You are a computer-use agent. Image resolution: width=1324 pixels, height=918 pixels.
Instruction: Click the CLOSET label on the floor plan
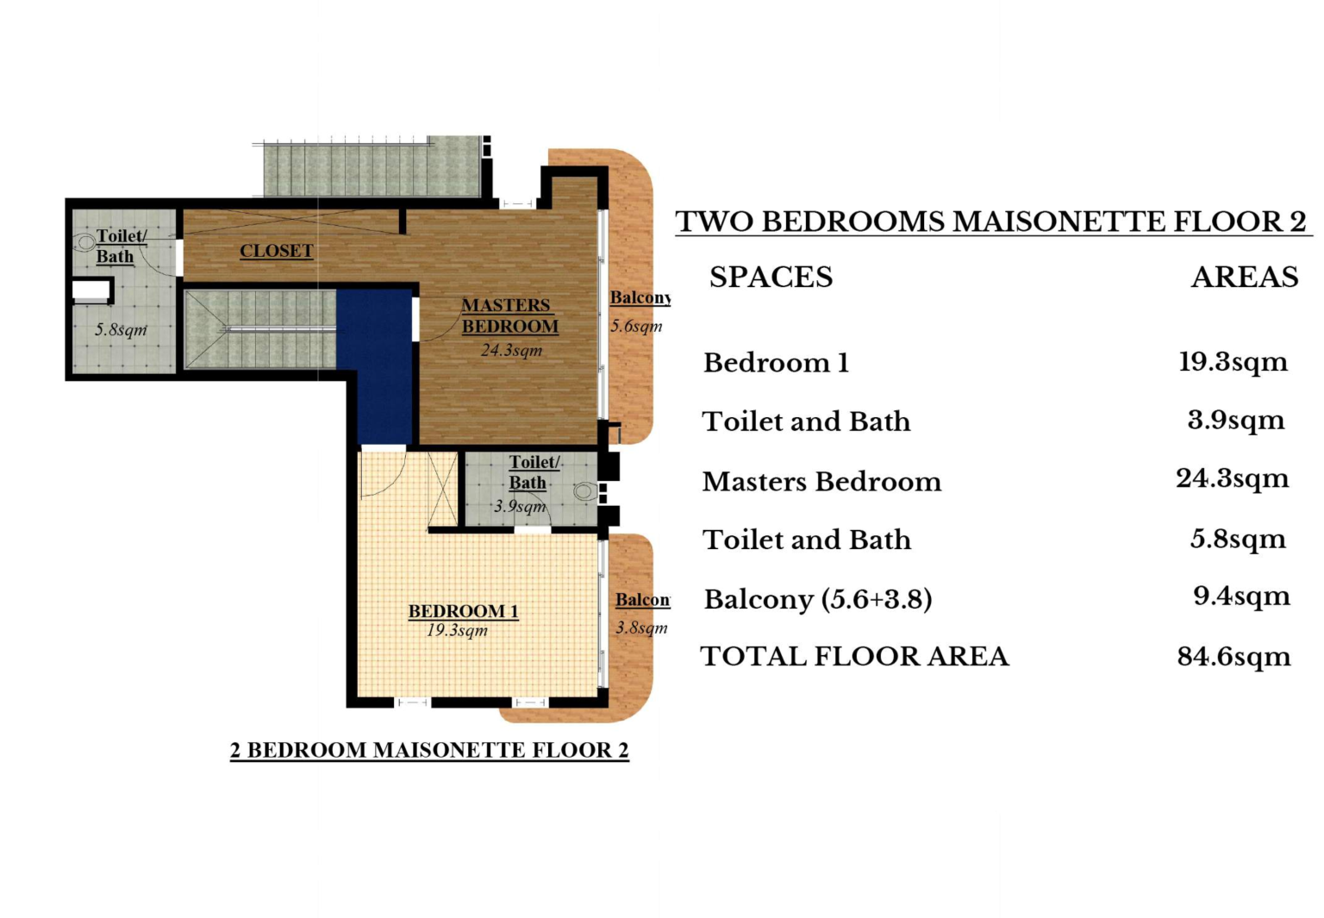pos(276,251)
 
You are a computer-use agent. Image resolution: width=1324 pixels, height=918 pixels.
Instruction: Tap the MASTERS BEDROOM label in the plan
pos(509,315)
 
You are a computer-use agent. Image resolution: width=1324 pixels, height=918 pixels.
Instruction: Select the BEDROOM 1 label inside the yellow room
pos(463,610)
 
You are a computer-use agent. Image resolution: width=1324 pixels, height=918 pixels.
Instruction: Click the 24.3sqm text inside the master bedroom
pos(511,350)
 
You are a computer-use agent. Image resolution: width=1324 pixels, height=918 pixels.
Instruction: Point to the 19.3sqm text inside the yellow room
pos(457,631)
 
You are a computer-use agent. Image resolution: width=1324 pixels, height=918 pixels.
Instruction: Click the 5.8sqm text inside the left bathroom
pos(121,329)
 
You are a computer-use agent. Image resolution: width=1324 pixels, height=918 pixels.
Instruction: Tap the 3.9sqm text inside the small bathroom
pos(520,507)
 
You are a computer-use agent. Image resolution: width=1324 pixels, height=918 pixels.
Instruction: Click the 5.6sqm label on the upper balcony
pos(636,326)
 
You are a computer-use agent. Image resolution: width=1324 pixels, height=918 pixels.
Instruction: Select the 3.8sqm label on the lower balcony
pos(641,628)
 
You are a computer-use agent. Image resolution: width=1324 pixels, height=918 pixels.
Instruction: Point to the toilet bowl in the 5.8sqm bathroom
pos(84,242)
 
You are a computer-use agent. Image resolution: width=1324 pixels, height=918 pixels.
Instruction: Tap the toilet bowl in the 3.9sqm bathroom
pos(585,490)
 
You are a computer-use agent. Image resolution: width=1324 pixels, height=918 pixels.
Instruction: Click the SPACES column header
pos(771,277)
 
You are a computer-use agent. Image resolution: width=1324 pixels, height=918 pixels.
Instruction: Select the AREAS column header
pos(1245,277)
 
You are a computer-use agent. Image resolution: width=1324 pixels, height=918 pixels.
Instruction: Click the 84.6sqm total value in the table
pos(1233,657)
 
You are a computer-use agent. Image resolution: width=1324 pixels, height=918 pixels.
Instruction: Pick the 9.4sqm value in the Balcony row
pos(1241,596)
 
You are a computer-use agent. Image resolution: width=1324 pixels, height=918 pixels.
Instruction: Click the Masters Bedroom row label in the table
pos(821,481)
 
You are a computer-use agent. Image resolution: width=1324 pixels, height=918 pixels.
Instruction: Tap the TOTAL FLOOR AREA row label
pos(854,656)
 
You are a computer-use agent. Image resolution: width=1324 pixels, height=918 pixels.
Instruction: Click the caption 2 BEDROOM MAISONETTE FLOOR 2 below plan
pos(429,750)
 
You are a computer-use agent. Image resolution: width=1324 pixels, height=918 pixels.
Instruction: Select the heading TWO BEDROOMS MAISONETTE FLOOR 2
pos(991,222)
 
